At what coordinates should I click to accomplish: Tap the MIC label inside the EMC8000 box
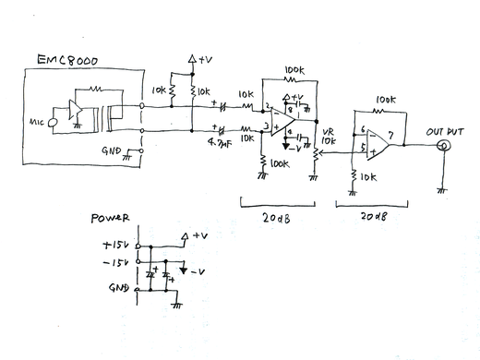pos(39,120)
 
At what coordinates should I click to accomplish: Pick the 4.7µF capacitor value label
pos(219,143)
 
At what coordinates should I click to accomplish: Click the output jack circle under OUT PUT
pos(444,147)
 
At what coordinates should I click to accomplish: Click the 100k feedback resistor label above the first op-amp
pos(296,69)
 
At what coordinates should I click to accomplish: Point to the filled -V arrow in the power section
pos(185,271)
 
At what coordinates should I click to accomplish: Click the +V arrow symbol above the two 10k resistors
pos(192,58)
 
